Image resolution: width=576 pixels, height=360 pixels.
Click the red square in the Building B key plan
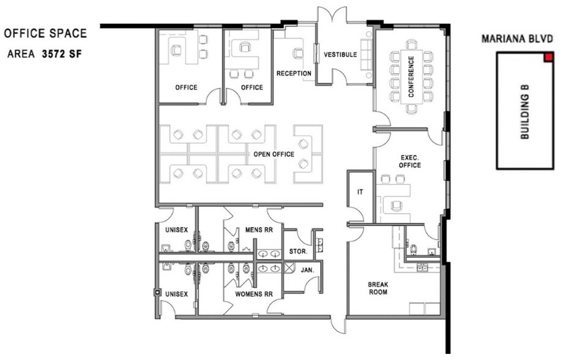[549, 57]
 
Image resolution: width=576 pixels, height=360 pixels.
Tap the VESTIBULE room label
[340, 54]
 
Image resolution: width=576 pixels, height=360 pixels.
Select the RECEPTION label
[294, 73]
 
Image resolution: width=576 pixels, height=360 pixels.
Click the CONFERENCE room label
[411, 77]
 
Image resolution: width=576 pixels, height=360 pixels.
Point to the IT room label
[361, 192]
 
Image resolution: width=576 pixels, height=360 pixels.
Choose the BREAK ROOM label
[378, 288]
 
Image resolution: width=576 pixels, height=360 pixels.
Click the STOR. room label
[298, 252]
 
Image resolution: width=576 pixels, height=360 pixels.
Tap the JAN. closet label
[307, 271]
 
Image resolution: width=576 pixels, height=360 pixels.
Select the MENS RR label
[259, 230]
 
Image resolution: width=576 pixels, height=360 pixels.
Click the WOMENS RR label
[254, 294]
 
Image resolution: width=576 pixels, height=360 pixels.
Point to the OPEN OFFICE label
[274, 154]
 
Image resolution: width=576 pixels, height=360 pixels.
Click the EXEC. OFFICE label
[410, 161]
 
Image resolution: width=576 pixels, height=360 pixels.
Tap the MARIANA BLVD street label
[517, 39]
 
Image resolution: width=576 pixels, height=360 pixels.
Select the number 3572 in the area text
[52, 54]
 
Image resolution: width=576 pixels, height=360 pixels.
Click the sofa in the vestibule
[365, 54]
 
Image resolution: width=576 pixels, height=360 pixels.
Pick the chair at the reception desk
[298, 54]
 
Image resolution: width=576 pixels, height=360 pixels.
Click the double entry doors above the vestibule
[332, 15]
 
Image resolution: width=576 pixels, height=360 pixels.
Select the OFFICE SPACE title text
[45, 34]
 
